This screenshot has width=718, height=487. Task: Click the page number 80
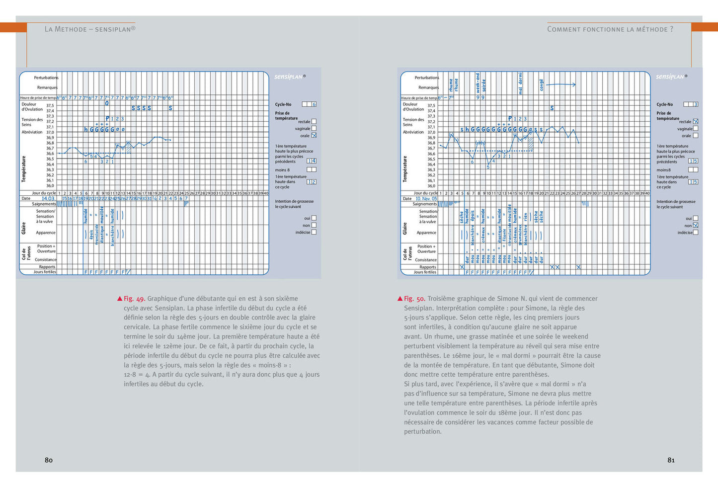click(x=49, y=460)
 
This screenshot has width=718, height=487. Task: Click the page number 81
click(x=671, y=460)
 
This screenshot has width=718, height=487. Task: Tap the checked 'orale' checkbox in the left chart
click(x=314, y=135)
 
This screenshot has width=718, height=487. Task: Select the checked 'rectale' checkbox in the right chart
click(x=696, y=121)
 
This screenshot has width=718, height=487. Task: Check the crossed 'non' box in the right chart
click(x=696, y=225)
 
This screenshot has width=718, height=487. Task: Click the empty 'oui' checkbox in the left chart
click(x=314, y=218)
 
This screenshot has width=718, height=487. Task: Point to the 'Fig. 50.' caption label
click(x=414, y=299)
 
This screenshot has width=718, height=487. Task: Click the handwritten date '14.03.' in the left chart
click(x=48, y=198)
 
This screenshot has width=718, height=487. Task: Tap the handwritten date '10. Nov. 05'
click(x=426, y=199)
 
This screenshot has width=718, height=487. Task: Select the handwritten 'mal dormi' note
click(x=520, y=83)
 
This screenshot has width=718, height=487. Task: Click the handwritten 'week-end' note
click(x=478, y=82)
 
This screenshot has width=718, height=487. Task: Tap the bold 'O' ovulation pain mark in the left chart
click(x=107, y=103)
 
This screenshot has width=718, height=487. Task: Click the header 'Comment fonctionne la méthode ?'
click(x=610, y=29)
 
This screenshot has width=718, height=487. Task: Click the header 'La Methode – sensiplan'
click(x=90, y=29)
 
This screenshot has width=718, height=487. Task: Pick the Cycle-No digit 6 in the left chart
click(x=314, y=104)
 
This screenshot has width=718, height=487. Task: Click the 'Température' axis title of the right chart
click(x=405, y=168)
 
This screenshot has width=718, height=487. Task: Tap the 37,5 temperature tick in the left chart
click(x=50, y=105)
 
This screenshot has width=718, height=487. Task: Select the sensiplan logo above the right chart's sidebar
click(x=670, y=77)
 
